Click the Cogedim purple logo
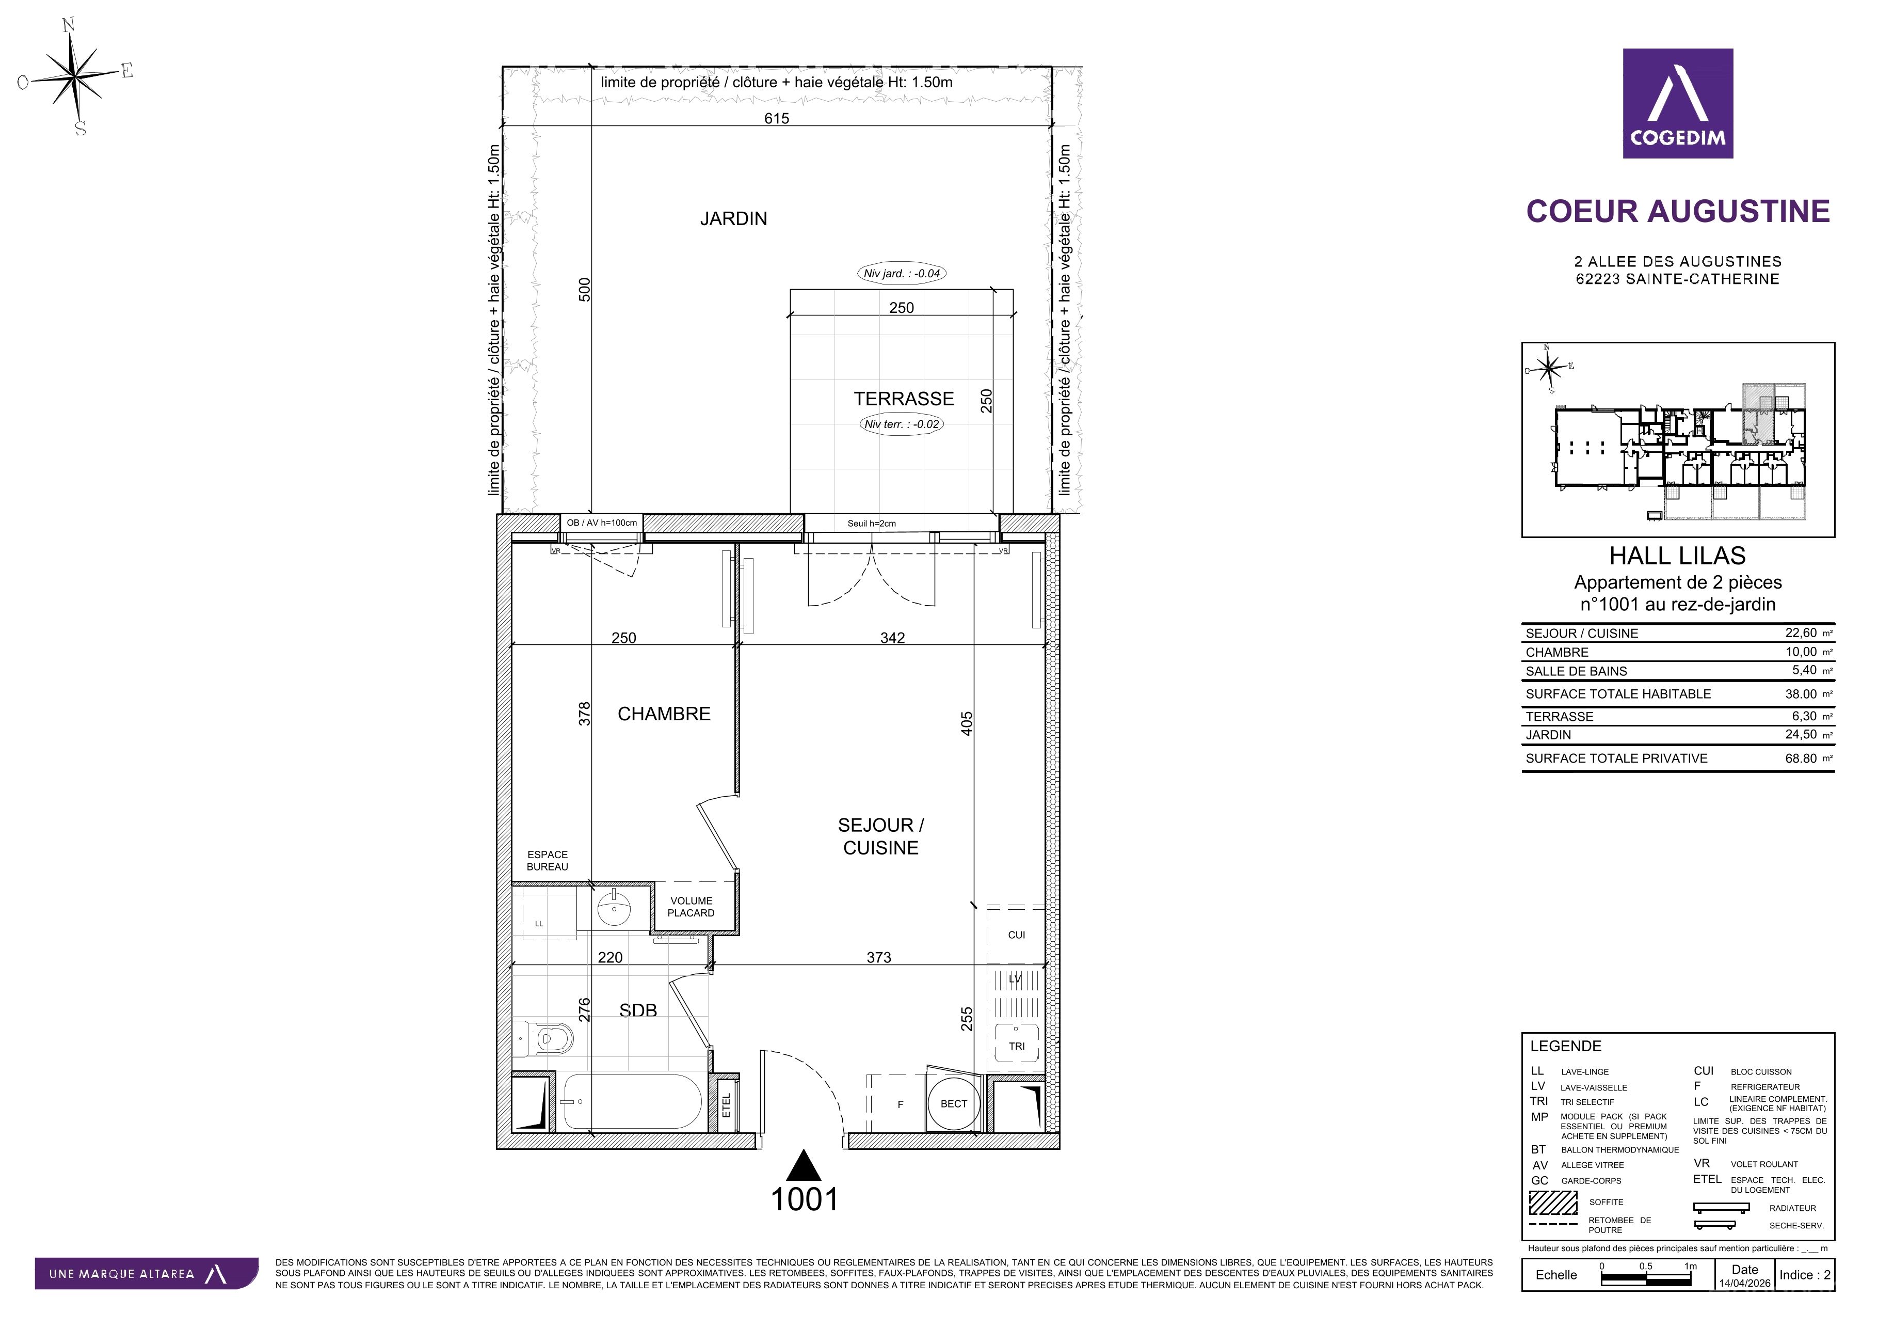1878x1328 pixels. pos(1678,103)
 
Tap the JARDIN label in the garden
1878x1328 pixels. pos(734,218)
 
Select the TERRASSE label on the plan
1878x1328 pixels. pos(904,399)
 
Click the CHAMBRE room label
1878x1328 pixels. pos(664,714)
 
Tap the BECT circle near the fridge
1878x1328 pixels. pos(954,1104)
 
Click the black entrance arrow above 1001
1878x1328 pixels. pos(805,1165)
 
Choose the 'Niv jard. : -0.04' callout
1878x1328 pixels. pos(902,273)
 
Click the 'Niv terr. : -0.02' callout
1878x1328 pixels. pos(902,424)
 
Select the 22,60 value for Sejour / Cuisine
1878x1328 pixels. pos(1801,633)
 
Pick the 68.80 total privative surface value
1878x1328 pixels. pos(1801,758)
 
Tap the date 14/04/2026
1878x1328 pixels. pos(1745,1283)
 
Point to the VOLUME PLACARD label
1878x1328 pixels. pos(691,907)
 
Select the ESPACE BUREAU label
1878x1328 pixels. pos(547,861)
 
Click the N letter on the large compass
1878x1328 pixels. pos(69,25)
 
